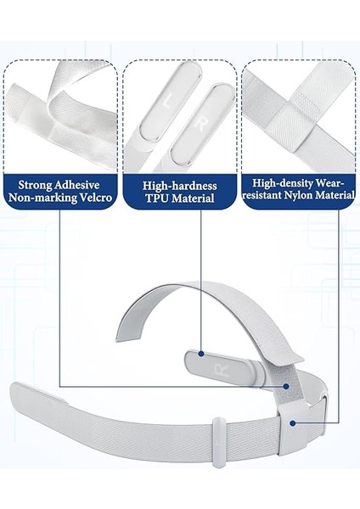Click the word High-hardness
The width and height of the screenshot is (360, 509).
[x=179, y=185]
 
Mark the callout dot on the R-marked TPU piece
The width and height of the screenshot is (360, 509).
[x=200, y=353]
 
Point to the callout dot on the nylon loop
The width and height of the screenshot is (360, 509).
[x=292, y=422]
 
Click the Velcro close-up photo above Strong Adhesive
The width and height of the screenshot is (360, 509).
[x=60, y=114]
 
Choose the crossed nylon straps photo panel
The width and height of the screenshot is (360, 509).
[x=298, y=114]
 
